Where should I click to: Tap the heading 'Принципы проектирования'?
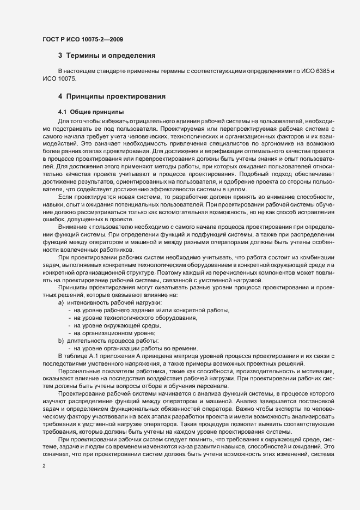(115, 97)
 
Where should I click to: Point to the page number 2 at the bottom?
(44, 466)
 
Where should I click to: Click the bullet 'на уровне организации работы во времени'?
(136, 348)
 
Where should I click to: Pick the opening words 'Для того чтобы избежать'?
(93, 119)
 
